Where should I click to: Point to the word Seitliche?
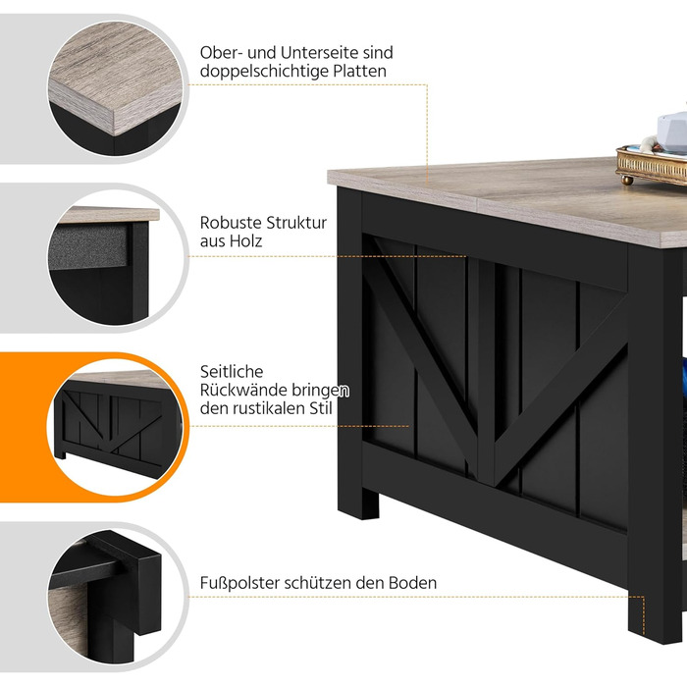(232, 372)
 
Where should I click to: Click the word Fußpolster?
(239, 583)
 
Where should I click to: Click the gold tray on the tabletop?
(652, 164)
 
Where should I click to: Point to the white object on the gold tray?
(672, 130)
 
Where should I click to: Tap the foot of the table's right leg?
(655, 622)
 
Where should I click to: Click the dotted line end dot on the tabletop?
(427, 182)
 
